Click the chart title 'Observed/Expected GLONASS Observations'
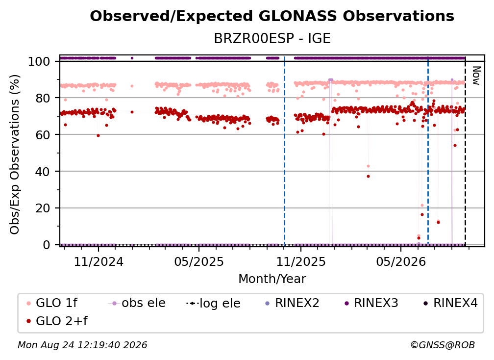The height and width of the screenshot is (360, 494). pyautogui.click(x=272, y=16)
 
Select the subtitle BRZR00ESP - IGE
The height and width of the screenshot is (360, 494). pyautogui.click(x=272, y=38)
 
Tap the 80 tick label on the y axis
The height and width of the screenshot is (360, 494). pyautogui.click(x=43, y=98)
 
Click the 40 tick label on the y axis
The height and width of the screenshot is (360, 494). pyautogui.click(x=43, y=172)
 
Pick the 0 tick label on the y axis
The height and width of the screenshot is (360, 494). pyautogui.click(x=46, y=245)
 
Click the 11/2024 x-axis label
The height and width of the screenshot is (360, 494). pyautogui.click(x=99, y=261)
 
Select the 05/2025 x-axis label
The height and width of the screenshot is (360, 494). pyautogui.click(x=199, y=261)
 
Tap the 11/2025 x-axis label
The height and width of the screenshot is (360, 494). pyautogui.click(x=301, y=261)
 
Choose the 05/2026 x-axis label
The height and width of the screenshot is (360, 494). pyautogui.click(x=401, y=261)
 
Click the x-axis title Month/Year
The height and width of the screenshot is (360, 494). pyautogui.click(x=272, y=279)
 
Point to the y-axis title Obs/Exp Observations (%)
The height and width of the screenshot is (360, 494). pyautogui.click(x=15, y=154)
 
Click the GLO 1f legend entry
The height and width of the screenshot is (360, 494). pyautogui.click(x=52, y=303)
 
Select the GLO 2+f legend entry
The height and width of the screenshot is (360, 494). pyautogui.click(x=57, y=321)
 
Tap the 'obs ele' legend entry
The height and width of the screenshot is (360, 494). pyautogui.click(x=137, y=303)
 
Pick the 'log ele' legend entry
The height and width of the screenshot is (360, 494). pyautogui.click(x=213, y=303)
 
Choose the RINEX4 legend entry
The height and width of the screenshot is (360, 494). pyautogui.click(x=450, y=303)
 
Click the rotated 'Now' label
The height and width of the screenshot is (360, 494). pyautogui.click(x=476, y=76)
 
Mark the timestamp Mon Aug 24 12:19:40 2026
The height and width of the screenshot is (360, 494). pyautogui.click(x=82, y=345)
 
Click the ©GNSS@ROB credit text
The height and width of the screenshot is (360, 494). pyautogui.click(x=443, y=345)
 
